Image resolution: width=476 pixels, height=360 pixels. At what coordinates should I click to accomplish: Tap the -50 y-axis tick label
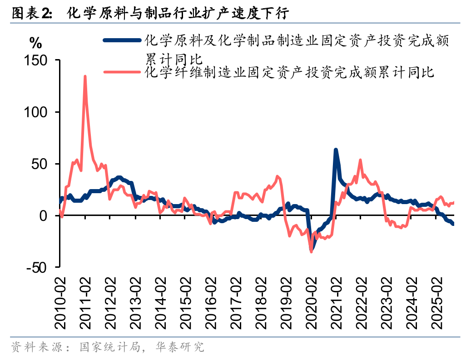[x=37, y=268]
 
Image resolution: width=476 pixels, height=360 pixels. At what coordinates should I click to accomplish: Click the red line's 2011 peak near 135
[x=85, y=76]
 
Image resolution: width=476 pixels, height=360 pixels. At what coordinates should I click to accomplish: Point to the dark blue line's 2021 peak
[x=336, y=150]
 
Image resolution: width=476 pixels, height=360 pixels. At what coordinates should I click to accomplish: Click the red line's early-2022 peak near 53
[x=360, y=160]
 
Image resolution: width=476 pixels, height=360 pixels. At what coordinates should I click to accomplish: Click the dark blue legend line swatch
[x=122, y=40]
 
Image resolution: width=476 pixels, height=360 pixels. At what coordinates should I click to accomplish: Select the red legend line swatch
[x=122, y=71]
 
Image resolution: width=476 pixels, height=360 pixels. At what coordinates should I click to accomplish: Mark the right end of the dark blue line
[x=453, y=224]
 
